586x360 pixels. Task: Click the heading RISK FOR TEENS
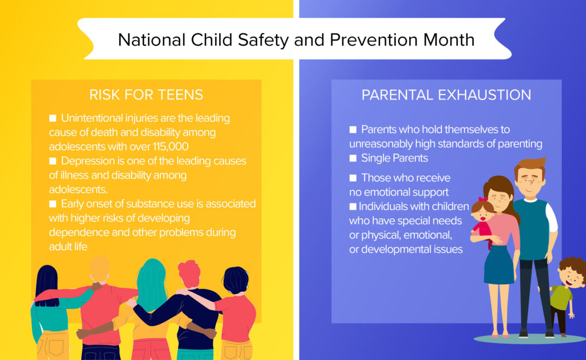pos(146,94)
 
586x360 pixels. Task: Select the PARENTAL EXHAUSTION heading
pos(446,94)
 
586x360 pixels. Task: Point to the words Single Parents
pos(394,157)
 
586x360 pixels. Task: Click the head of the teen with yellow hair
pos(100,269)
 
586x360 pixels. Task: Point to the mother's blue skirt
pos(498,264)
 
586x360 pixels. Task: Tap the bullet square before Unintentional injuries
pos(53,118)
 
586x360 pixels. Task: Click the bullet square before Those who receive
pos(353,177)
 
